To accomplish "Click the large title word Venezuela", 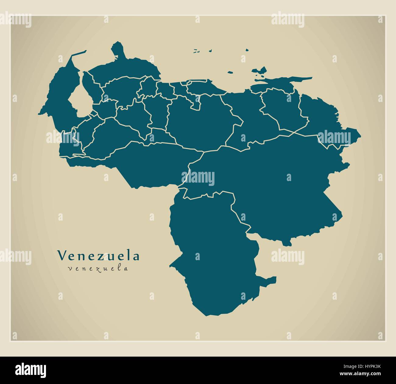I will click(98, 256).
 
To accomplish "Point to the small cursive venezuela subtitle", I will click(98, 268).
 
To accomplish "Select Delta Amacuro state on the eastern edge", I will click(323, 116).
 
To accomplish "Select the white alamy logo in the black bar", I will click(30, 370).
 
